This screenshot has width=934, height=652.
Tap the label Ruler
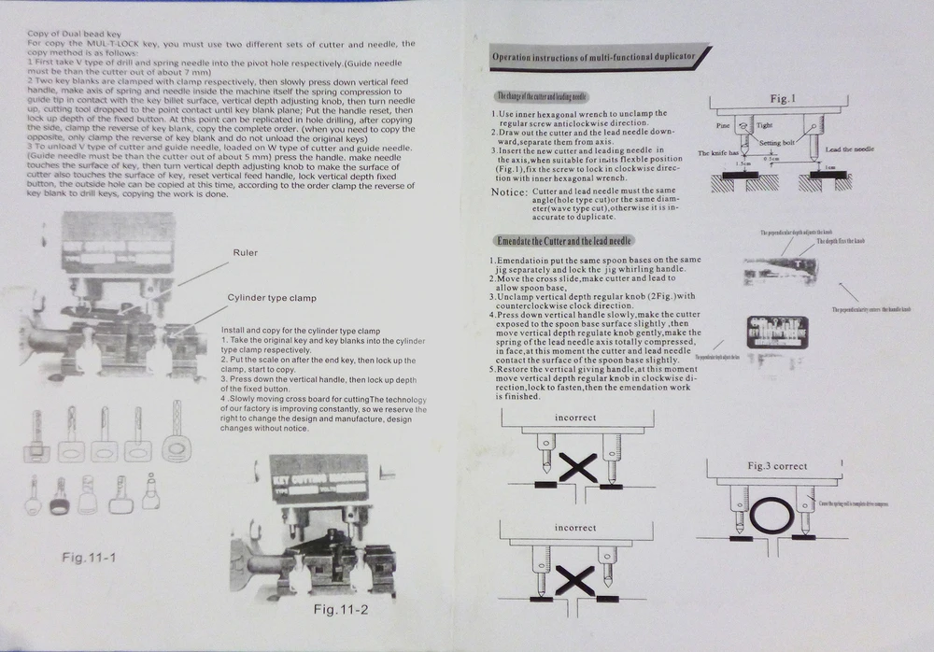247,252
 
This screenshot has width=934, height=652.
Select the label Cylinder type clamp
271,297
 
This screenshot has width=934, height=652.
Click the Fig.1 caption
783,98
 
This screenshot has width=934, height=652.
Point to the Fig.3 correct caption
777,465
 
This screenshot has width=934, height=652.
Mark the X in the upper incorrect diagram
577,464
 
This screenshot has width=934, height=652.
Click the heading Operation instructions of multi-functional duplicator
594,58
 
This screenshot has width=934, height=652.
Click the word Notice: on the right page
509,191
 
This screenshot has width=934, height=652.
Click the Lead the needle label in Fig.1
849,149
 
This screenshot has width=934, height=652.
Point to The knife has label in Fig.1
719,151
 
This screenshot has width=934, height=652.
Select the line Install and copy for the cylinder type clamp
300,331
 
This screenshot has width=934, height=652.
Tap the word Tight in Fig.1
765,124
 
